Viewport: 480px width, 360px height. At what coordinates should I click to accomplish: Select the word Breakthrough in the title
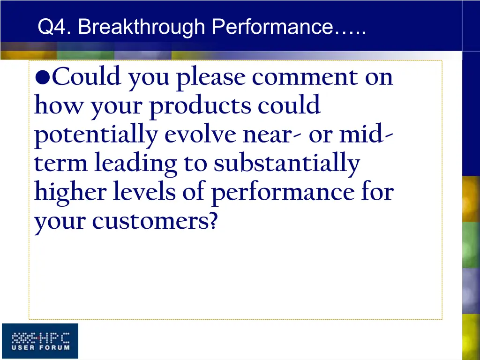tap(142, 27)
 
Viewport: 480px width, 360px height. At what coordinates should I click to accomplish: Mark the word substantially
tap(287, 165)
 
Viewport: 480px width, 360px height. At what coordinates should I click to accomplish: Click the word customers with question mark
tap(154, 221)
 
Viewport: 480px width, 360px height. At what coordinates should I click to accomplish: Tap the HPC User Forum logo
tap(40, 341)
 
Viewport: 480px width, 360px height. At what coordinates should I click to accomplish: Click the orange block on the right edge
tap(471, 199)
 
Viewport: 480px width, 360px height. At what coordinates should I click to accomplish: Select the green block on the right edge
tap(471, 244)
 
